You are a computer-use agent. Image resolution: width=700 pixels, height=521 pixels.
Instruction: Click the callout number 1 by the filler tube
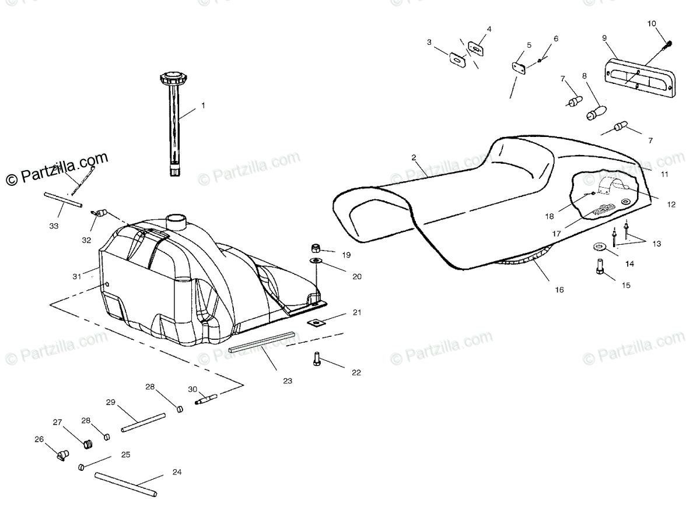[203, 105]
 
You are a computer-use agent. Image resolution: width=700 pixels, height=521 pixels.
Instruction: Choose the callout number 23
[287, 381]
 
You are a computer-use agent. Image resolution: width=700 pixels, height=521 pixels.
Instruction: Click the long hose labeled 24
[126, 484]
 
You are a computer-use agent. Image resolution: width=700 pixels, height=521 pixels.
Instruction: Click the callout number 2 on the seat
[414, 157]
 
